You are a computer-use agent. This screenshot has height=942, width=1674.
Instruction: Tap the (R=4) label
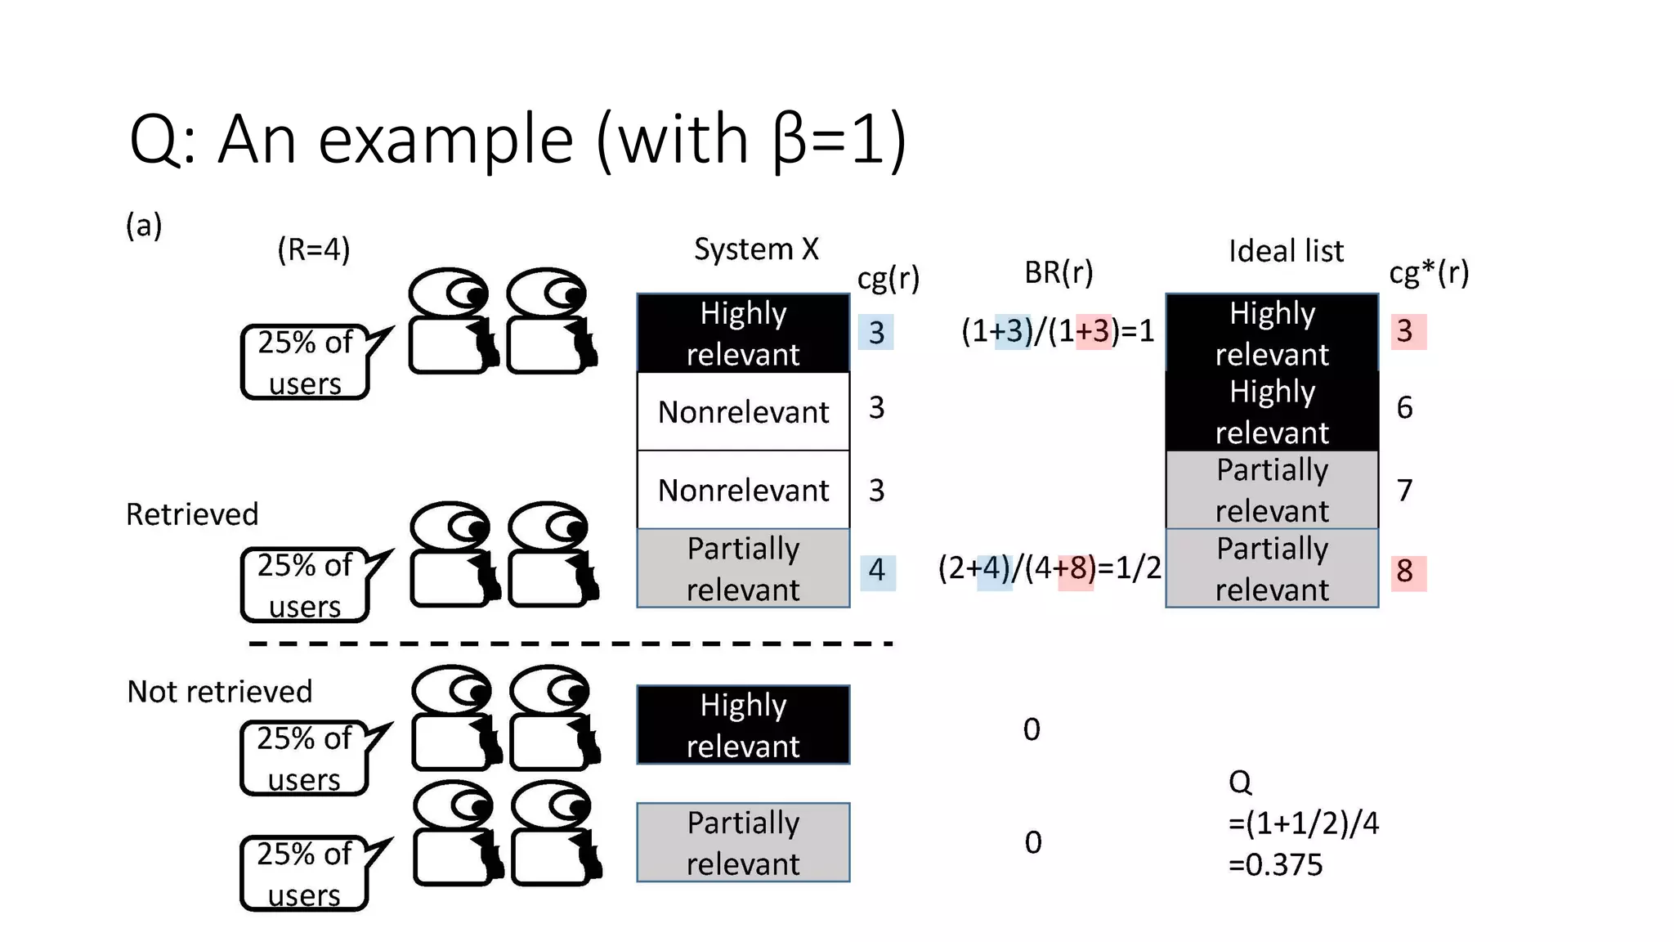point(314,249)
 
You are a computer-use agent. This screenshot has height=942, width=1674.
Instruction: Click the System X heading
point(756,249)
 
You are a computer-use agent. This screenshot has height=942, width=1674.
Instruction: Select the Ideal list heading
point(1286,251)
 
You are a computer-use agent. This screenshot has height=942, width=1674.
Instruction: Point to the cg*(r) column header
point(1429,272)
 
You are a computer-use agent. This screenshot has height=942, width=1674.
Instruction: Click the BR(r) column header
point(1059,272)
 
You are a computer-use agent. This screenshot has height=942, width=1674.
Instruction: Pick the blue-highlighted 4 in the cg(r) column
point(877,570)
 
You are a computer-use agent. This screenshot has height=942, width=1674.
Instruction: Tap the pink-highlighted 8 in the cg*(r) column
point(1405,571)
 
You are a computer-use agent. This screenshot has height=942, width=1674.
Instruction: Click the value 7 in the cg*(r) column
point(1405,490)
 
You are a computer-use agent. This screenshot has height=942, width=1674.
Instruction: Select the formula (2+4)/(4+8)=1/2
point(1050,567)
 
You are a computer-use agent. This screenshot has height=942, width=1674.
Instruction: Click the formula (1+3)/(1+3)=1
point(1058,331)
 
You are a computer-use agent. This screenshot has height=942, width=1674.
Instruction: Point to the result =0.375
point(1275,865)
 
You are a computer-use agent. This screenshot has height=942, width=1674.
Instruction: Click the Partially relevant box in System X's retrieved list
point(743,568)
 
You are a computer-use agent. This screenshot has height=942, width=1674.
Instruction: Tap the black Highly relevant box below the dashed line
point(743,725)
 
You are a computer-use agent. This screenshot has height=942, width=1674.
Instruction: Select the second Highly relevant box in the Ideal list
point(1272,411)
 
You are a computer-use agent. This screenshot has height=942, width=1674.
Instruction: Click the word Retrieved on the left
point(192,514)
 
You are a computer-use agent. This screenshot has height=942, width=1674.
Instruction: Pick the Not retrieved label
point(220,692)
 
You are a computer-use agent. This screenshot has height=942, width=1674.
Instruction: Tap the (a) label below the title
point(144,225)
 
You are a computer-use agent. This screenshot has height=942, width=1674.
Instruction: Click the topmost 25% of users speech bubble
point(305,362)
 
